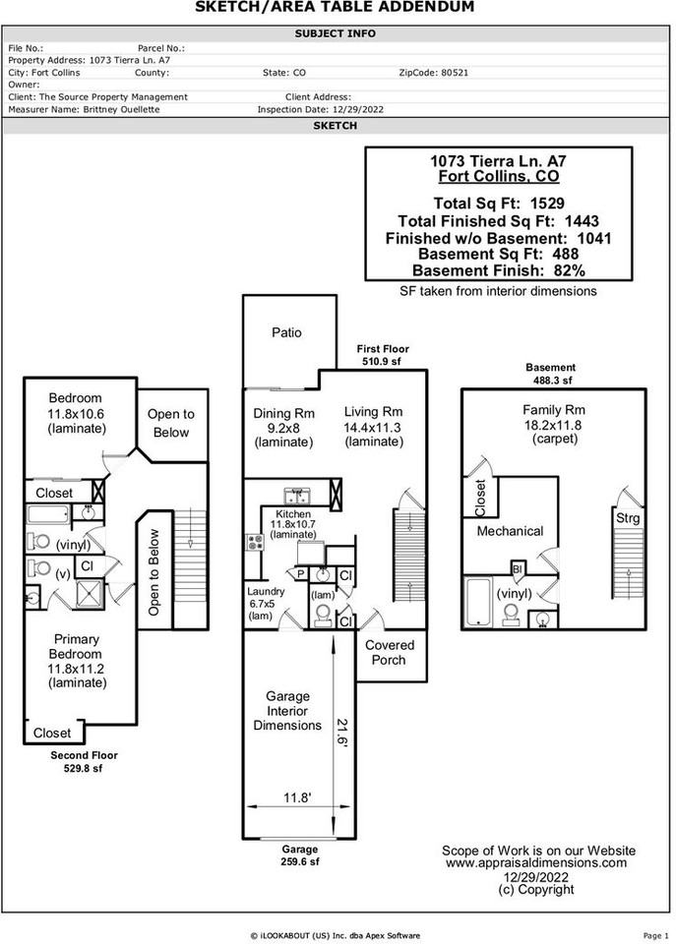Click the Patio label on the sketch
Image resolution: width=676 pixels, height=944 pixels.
pyautogui.click(x=286, y=332)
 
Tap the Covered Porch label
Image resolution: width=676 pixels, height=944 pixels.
pyautogui.click(x=390, y=653)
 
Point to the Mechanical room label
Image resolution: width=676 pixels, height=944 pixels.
pyautogui.click(x=510, y=531)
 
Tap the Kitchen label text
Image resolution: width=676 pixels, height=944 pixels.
pyautogui.click(x=293, y=514)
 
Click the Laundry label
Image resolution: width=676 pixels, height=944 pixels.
pyautogui.click(x=265, y=591)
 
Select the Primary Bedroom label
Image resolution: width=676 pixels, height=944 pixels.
pyautogui.click(x=77, y=646)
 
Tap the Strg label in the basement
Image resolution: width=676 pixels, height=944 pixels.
pyautogui.click(x=627, y=517)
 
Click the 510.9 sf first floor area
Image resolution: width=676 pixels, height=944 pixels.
pyautogui.click(x=382, y=362)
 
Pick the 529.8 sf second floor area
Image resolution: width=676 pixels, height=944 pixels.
pyautogui.click(x=84, y=768)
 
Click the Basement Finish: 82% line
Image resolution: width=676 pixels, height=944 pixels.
pyautogui.click(x=498, y=270)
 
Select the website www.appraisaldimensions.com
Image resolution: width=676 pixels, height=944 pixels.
pyautogui.click(x=536, y=863)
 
